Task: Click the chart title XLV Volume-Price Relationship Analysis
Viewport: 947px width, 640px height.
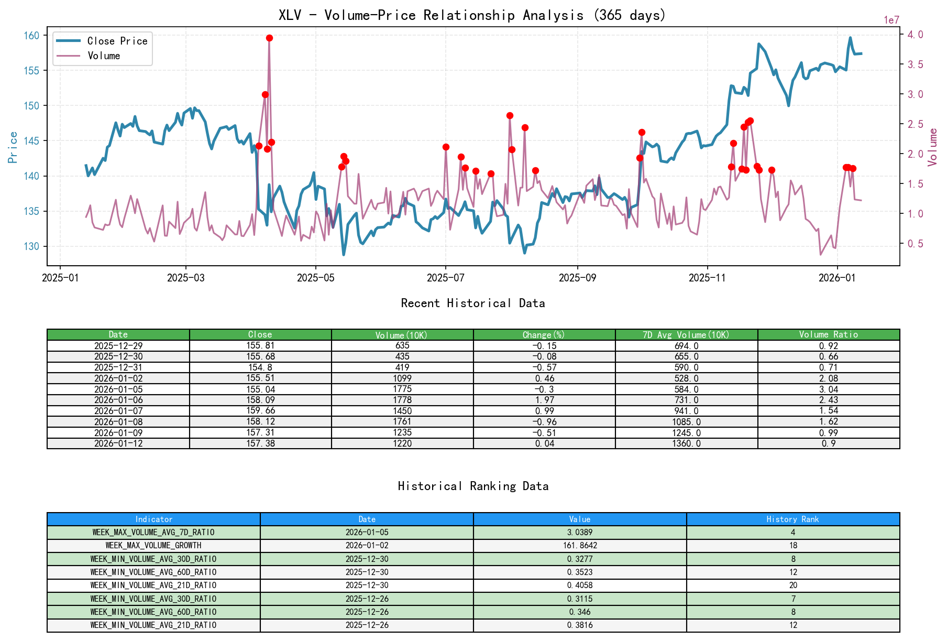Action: tap(472, 15)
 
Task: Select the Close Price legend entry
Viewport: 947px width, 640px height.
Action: tap(117, 41)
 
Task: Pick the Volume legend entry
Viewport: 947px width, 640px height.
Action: tap(104, 56)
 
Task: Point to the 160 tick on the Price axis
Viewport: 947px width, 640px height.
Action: tap(31, 36)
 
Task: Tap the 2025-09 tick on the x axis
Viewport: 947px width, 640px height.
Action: tap(577, 278)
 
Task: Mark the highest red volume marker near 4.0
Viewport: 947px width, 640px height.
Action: tap(269, 38)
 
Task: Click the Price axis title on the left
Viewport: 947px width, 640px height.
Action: tap(13, 147)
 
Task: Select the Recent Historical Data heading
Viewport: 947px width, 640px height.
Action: tap(473, 303)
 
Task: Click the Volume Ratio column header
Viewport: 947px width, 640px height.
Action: tap(828, 334)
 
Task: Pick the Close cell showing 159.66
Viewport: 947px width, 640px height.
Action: tap(260, 411)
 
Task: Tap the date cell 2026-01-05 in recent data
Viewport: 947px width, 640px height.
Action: tap(118, 389)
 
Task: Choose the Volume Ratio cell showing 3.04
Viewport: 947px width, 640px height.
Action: tap(828, 389)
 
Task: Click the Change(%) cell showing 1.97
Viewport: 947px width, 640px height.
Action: tap(544, 400)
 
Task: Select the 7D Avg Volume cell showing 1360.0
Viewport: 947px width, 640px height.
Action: tap(686, 443)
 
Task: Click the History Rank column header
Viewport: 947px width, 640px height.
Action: tap(792, 519)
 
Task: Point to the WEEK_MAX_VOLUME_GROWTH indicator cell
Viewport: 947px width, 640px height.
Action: tap(153, 546)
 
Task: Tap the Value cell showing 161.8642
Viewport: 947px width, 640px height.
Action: tap(580, 546)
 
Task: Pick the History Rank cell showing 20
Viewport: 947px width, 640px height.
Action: tap(792, 585)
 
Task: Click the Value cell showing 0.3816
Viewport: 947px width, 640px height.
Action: tap(580, 625)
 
